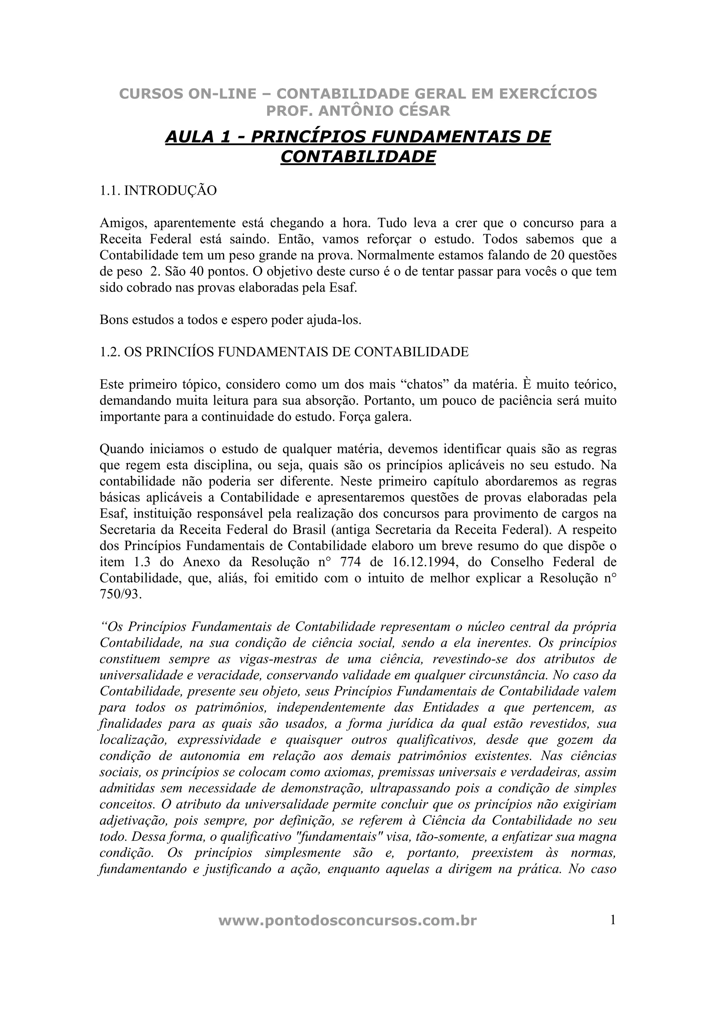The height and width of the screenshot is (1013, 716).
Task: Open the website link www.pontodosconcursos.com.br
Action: point(348,921)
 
